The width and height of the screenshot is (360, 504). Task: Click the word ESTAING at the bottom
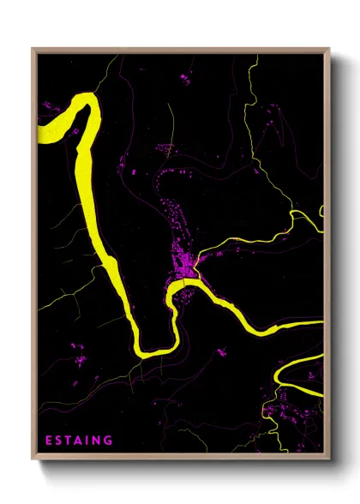tap(79, 441)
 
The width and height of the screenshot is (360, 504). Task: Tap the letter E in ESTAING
tap(49, 441)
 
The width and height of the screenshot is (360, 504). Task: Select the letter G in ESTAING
tap(109, 441)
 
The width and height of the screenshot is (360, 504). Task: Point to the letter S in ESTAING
tap(59, 441)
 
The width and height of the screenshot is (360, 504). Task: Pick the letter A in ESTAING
tap(79, 441)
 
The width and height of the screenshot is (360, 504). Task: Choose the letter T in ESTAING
tap(69, 441)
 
